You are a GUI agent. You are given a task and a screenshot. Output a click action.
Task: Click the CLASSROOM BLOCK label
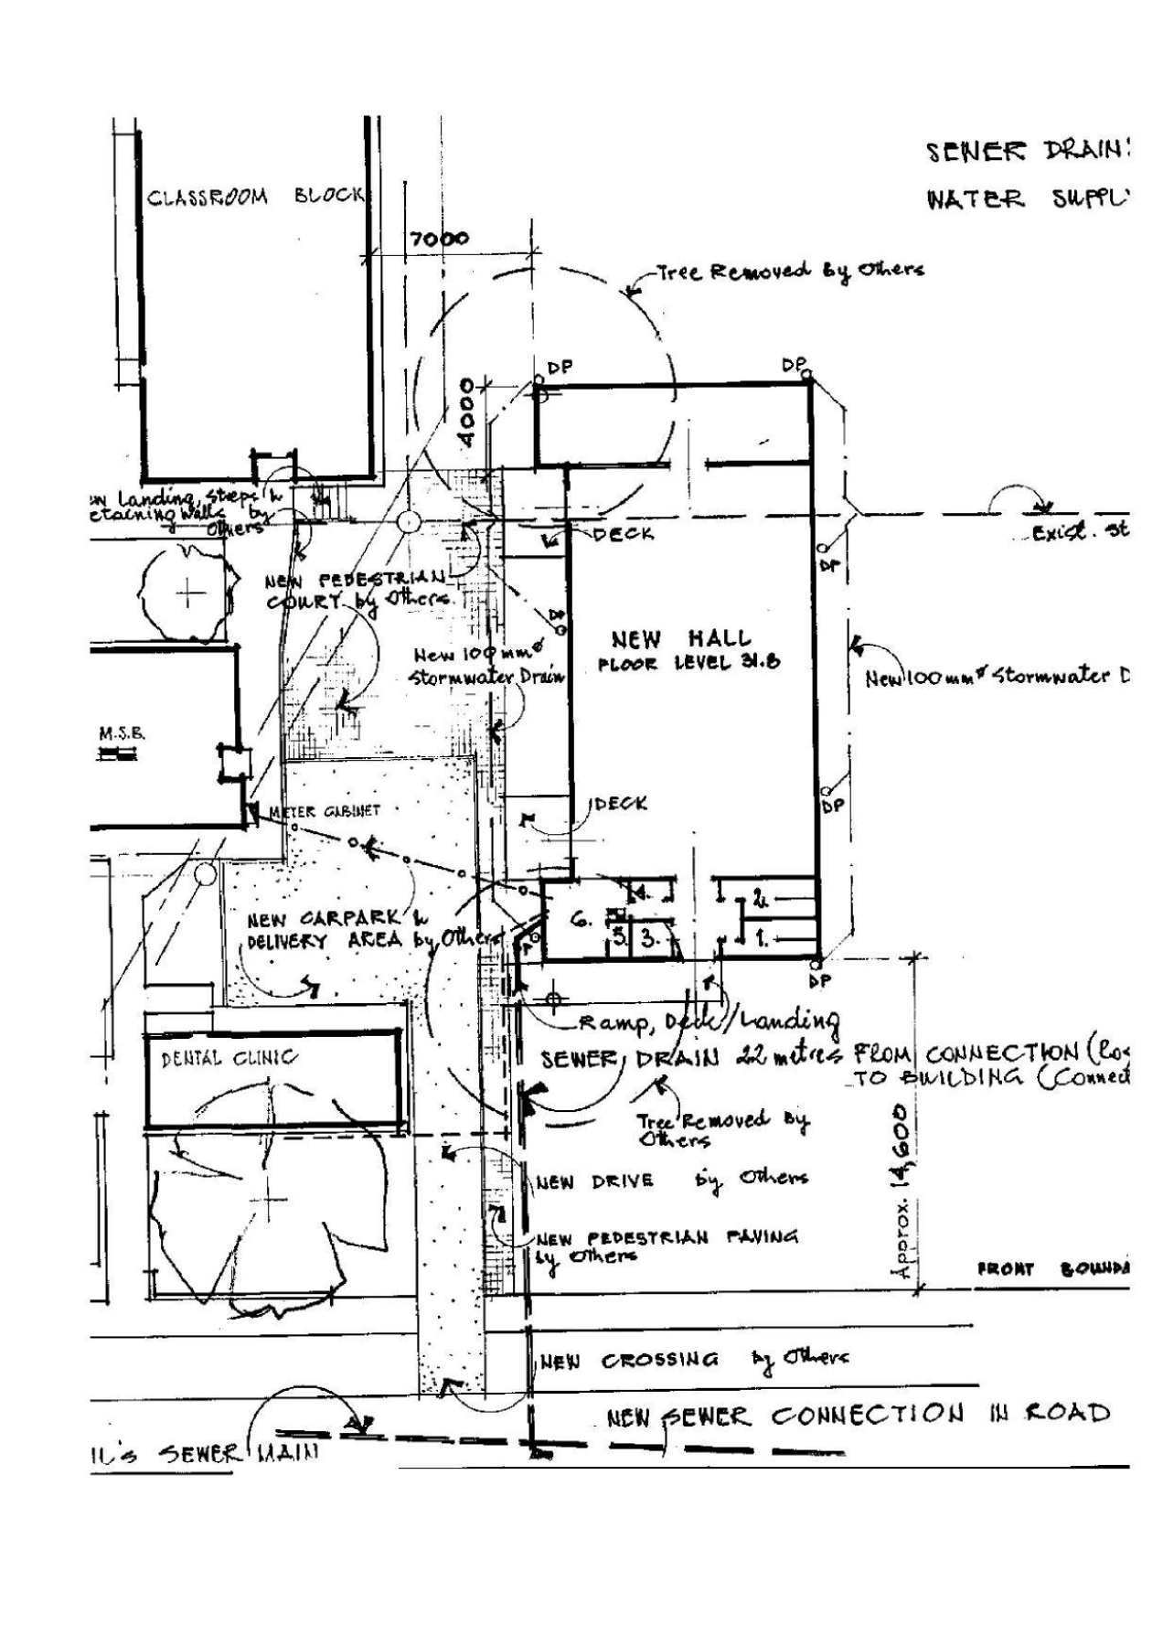click(255, 197)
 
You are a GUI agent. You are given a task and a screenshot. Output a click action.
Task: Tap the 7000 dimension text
click(438, 240)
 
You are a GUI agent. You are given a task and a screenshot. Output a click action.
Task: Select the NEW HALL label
click(681, 638)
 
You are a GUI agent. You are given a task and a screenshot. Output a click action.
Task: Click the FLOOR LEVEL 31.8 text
click(688, 663)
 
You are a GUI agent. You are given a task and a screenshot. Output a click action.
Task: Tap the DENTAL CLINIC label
click(229, 1058)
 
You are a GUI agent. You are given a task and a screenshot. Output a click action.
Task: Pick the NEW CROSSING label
click(629, 1361)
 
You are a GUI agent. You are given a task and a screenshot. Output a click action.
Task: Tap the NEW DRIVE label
click(595, 1181)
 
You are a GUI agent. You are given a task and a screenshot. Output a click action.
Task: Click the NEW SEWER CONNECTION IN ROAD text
click(858, 1415)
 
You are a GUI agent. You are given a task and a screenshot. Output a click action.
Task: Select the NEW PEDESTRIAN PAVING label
click(667, 1239)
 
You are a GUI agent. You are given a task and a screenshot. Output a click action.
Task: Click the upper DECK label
click(623, 533)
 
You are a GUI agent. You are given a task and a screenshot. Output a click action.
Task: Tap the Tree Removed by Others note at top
click(791, 271)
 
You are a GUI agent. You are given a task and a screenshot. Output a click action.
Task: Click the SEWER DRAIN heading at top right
click(1028, 151)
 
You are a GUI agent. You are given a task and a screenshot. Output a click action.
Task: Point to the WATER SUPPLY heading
click(1028, 199)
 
